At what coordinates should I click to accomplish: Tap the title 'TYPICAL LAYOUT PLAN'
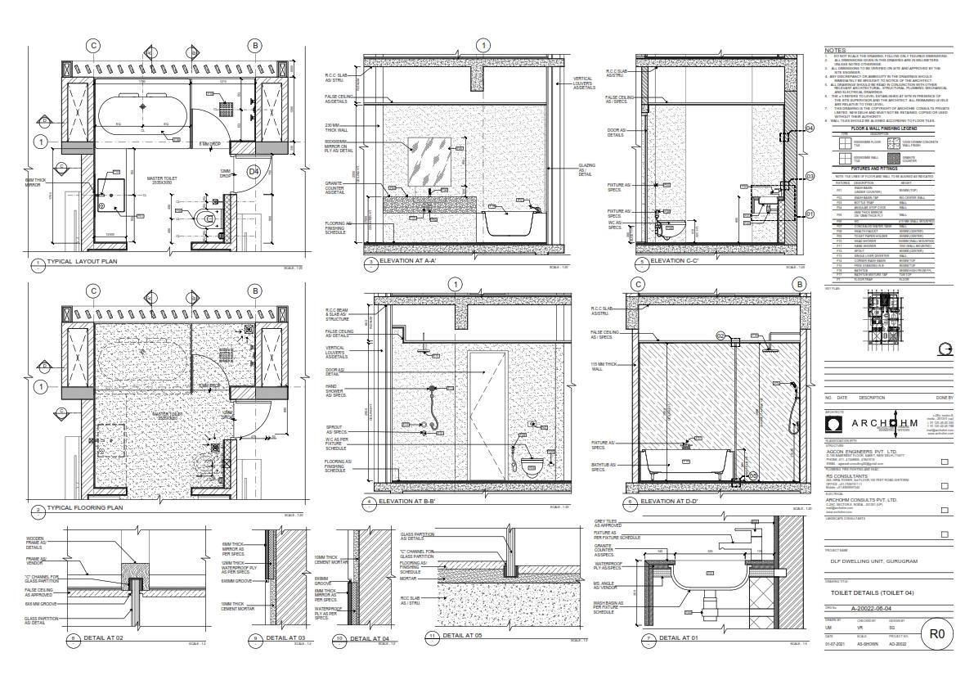(82, 262)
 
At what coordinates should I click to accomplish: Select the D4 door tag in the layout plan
(254, 171)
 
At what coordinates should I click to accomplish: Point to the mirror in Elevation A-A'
(429, 154)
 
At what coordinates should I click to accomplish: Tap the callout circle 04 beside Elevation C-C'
(810, 128)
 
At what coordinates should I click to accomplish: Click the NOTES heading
(835, 50)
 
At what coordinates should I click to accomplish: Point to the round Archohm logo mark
(834, 424)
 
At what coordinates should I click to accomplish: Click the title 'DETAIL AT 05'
(465, 635)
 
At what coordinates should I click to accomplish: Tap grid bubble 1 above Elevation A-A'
(484, 45)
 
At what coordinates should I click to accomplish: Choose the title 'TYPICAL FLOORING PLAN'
(85, 508)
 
